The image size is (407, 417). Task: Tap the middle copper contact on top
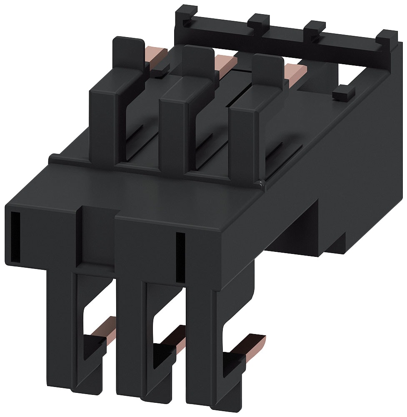tap(225, 63)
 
